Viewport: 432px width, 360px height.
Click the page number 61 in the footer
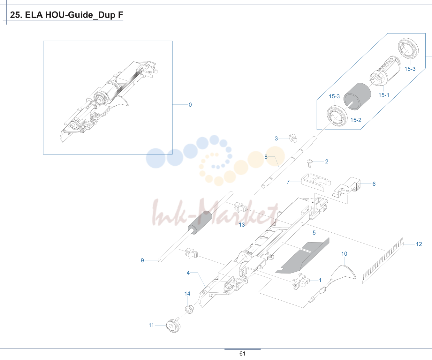(x=242, y=354)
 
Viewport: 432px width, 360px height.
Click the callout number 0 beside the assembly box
(x=190, y=105)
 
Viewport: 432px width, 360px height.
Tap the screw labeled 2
(x=310, y=163)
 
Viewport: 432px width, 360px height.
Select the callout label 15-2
(x=356, y=120)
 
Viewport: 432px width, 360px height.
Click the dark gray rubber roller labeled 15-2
(x=357, y=97)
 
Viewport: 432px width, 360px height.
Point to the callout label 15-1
(x=384, y=95)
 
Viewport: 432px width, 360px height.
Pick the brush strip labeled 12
(x=383, y=261)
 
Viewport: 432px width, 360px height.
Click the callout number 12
(x=419, y=244)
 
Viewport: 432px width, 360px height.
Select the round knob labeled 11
(x=173, y=326)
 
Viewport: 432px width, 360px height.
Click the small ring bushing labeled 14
(x=189, y=309)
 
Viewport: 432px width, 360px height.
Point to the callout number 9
(x=142, y=260)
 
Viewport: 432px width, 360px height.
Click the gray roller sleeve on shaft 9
(x=200, y=222)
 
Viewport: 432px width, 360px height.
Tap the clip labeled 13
(x=240, y=207)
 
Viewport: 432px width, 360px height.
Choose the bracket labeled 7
(x=315, y=182)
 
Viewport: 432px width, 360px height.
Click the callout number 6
(x=374, y=184)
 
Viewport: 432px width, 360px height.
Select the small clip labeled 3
(x=293, y=138)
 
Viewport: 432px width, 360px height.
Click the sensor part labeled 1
(x=301, y=281)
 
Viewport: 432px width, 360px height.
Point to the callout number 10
(x=344, y=254)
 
